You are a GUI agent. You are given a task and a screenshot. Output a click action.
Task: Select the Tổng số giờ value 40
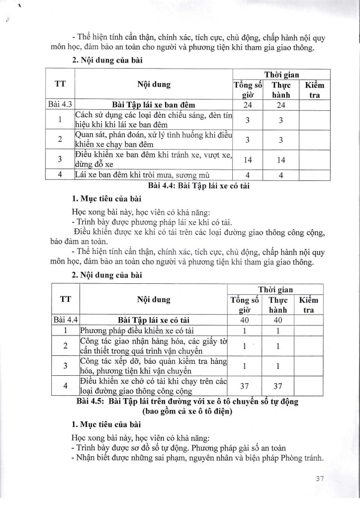(244, 320)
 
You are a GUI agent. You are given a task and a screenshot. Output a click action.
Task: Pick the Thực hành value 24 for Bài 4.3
(280, 105)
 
